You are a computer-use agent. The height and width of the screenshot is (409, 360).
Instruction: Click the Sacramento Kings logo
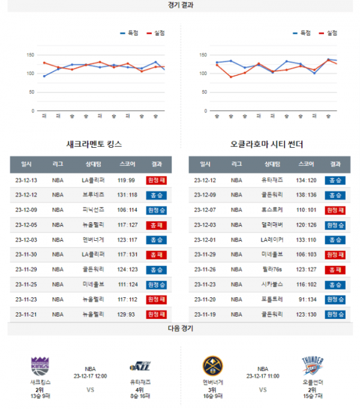(x=40, y=366)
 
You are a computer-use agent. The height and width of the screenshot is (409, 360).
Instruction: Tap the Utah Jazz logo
(x=139, y=366)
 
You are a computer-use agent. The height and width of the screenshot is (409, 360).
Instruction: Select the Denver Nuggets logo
(x=213, y=366)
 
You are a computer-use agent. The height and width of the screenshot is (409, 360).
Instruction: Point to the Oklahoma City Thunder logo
(x=313, y=366)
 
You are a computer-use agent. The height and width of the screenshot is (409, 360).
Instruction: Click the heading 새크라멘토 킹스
(x=95, y=144)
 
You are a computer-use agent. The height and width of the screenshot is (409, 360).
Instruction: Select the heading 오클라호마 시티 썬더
(x=266, y=144)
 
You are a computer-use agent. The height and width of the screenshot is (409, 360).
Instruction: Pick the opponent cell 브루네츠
(x=93, y=195)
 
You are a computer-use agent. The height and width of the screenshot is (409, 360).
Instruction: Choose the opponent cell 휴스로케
(x=272, y=210)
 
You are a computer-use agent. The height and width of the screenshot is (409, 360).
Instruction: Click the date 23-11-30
(x=26, y=254)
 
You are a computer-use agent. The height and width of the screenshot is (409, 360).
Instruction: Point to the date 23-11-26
(x=205, y=269)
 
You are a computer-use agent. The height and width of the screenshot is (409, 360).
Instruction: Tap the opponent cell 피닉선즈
(x=93, y=210)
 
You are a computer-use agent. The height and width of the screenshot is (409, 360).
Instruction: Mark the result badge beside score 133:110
(x=335, y=240)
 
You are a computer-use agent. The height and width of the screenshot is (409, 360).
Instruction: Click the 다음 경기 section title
(x=181, y=329)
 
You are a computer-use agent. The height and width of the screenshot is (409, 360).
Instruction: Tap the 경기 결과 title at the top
(x=181, y=5)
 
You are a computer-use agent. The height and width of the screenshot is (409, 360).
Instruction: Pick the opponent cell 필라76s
(x=272, y=269)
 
